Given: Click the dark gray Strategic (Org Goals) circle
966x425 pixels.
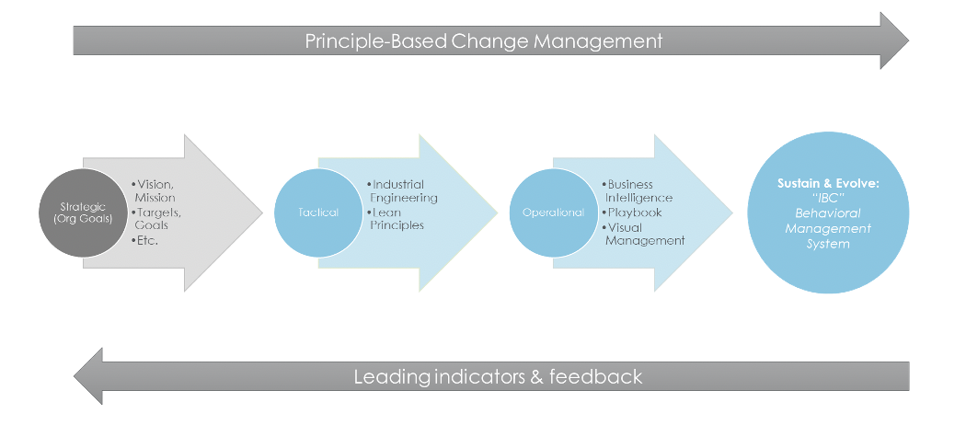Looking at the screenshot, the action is pos(83,212).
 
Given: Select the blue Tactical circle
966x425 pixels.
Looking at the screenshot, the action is pos(318,212).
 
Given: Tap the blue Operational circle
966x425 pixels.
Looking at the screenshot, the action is pos(553,212).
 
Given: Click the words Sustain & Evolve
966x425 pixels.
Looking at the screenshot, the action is pos(828,184).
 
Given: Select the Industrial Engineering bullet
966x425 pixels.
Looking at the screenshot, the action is pos(402,191).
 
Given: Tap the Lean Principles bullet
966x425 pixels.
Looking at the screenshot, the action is pos(396,219).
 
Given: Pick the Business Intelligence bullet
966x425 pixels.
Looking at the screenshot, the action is pos(637,191).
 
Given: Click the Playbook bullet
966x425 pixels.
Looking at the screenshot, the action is pos(632,212).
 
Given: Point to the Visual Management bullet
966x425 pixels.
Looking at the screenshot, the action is pos(643,234).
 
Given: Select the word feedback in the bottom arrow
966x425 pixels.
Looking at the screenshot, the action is pos(596,376).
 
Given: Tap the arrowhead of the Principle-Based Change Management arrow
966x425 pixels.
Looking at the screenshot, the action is pos(894,40).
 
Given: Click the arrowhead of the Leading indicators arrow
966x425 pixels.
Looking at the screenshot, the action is pos(88,376).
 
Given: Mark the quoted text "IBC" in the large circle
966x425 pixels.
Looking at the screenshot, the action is pos(828,199).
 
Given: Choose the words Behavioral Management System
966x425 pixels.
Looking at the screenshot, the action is pos(828,228).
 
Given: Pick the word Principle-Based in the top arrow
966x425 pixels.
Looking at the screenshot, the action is pos(375,41).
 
